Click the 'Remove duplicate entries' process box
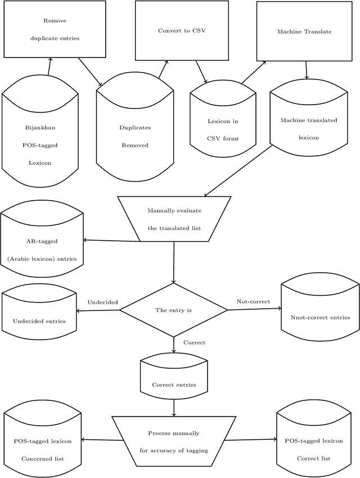click(55, 29)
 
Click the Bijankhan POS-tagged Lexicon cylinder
click(40, 145)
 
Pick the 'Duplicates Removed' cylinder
click(134, 137)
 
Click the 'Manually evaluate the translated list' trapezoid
click(174, 219)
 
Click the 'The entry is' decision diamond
click(174, 310)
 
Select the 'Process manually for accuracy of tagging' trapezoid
click(174, 441)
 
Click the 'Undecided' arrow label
click(102, 303)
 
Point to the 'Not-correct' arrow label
click(253, 302)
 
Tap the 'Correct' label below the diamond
click(194, 342)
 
